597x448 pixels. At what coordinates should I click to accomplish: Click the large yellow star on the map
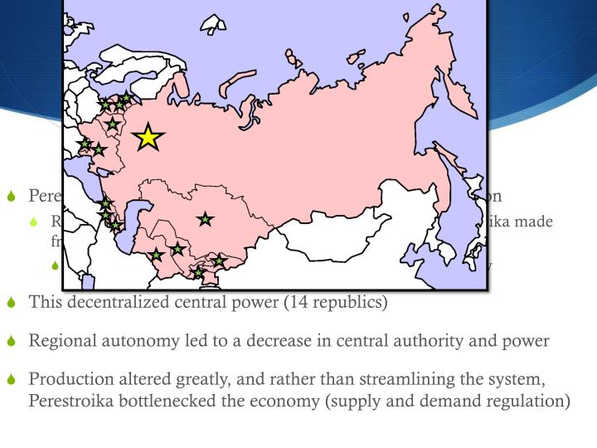[148, 137]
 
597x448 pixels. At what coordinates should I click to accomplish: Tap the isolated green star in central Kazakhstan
[205, 219]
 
